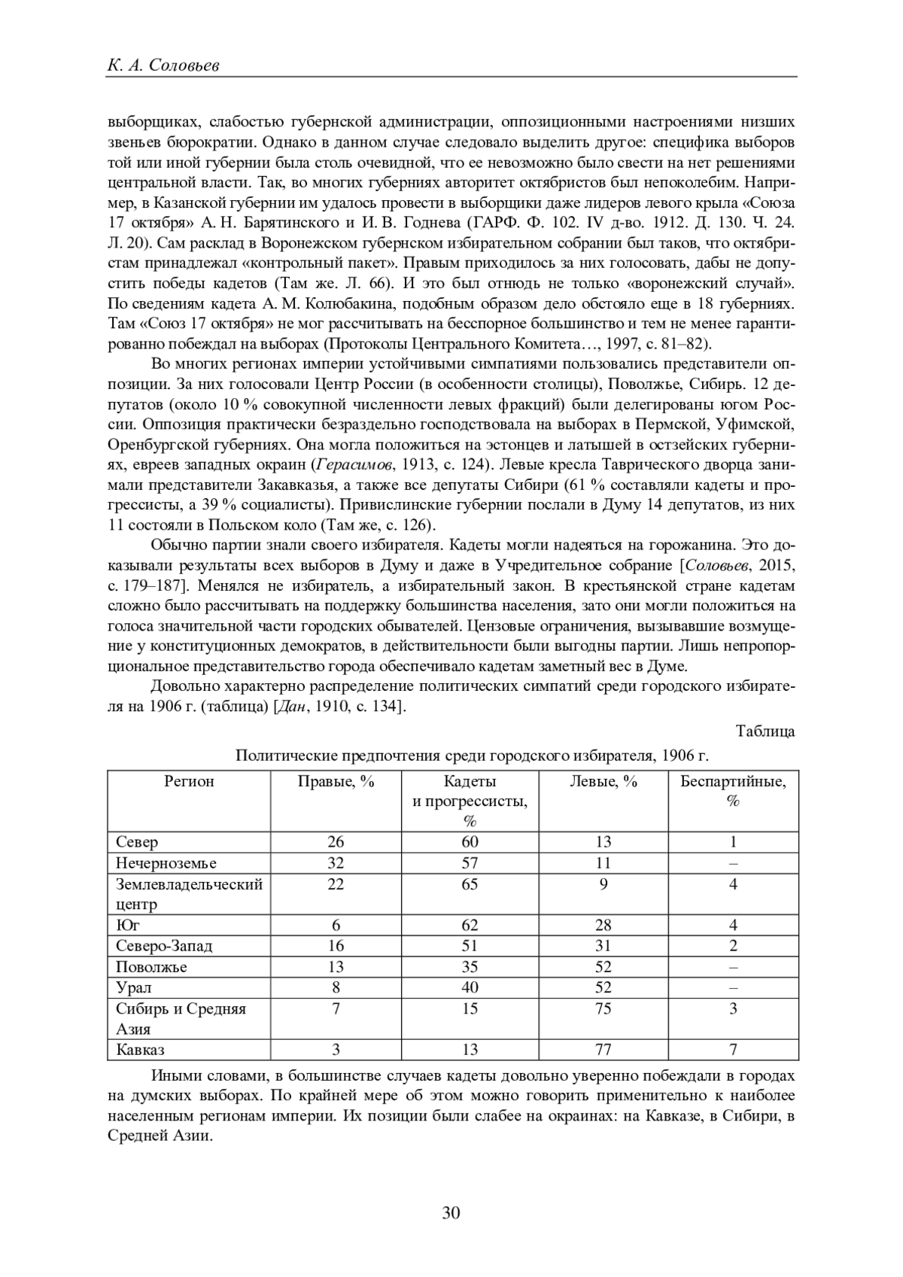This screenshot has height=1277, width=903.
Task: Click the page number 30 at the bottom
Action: point(451,1212)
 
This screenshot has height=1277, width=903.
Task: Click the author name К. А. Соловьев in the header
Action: point(163,65)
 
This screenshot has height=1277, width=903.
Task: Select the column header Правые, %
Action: point(336,781)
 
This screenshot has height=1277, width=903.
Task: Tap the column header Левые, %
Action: point(604,781)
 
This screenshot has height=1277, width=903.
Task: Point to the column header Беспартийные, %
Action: point(733,791)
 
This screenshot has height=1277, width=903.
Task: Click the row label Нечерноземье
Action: point(166,863)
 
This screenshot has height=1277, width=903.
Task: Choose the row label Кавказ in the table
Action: point(140,1050)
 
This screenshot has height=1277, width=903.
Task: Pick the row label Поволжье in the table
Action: point(151,967)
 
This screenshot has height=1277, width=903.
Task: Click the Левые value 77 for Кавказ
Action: point(604,1050)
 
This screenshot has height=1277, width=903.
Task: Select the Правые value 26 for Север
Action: point(336,842)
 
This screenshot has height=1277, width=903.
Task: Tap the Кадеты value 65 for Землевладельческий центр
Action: point(470,884)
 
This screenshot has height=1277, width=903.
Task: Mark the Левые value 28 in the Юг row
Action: point(604,926)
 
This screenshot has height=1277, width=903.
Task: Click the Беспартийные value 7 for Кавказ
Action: point(733,1050)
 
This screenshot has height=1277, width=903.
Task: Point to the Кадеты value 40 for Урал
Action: point(470,987)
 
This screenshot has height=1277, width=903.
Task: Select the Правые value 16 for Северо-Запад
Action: point(336,946)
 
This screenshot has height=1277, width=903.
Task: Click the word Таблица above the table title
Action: point(765,731)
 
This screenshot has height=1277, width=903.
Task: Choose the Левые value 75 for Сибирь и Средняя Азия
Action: point(604,1008)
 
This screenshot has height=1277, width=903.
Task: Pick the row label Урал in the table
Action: point(133,987)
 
